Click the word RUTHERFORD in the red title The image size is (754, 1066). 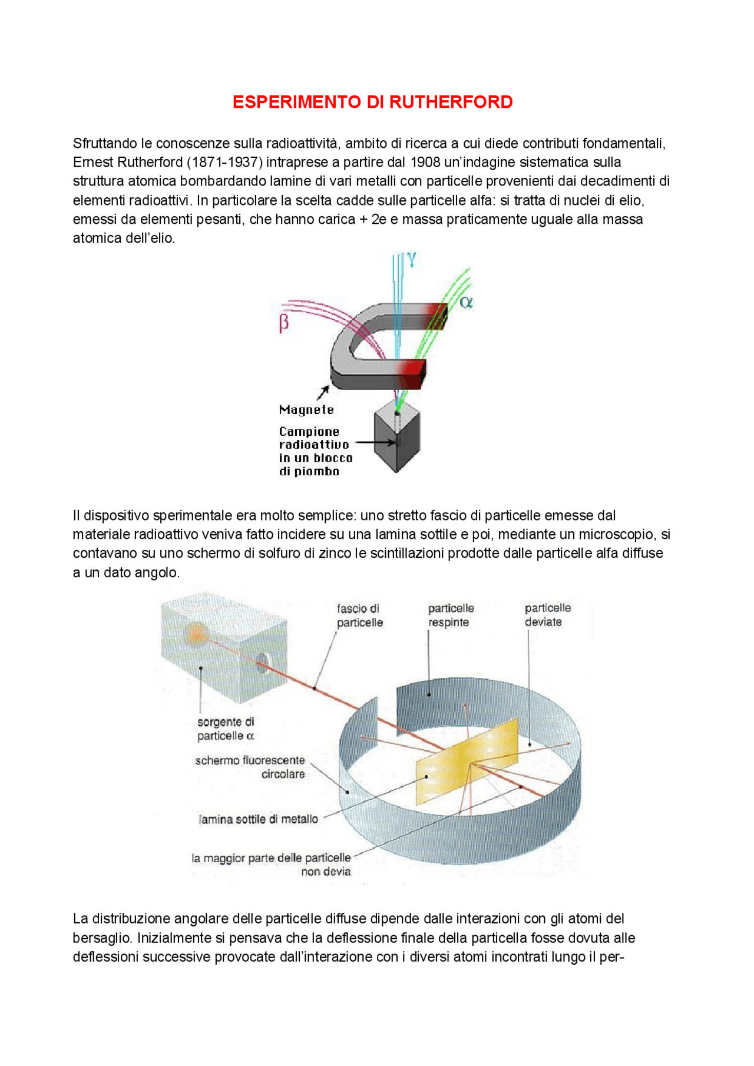451,102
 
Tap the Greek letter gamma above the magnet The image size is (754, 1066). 411,259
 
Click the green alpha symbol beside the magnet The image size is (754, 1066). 466,303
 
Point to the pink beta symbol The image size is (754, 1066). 284,323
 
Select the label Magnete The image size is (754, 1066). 306,410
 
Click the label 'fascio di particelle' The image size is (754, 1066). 359,615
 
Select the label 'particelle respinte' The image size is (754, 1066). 451,615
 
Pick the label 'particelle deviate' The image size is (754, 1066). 547,614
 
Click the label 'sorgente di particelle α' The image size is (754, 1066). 226,729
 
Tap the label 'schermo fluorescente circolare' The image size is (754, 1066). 250,767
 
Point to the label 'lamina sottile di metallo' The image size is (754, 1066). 259,819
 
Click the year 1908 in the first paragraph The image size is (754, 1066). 425,163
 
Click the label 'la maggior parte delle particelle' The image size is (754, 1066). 271,858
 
